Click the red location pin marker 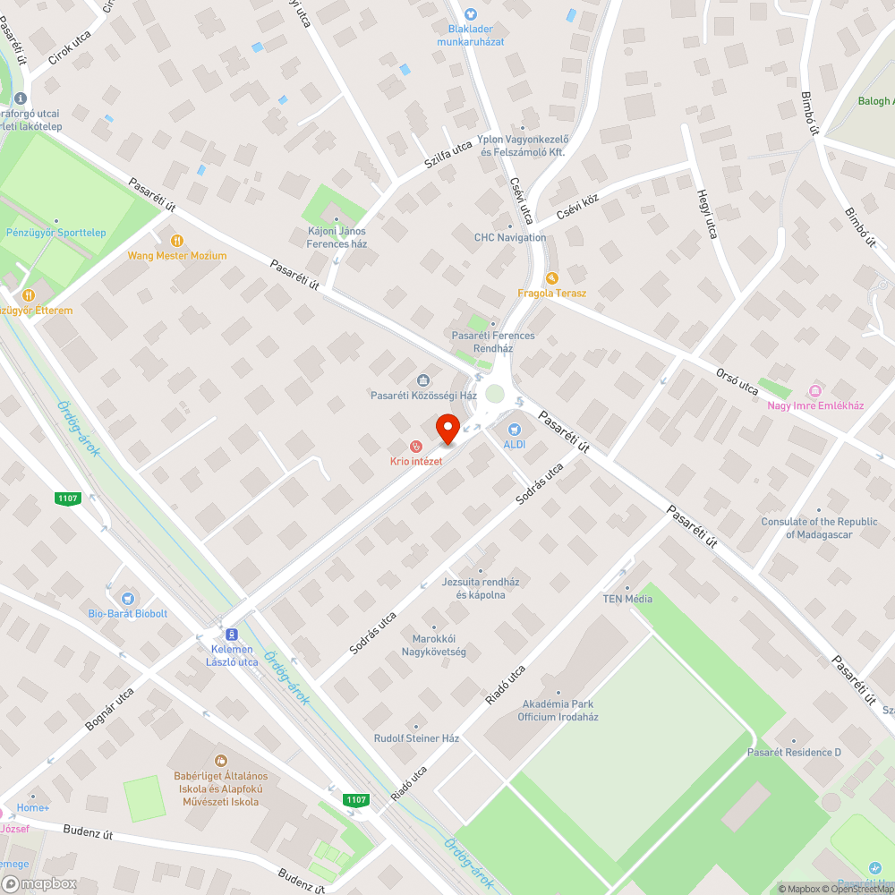click(447, 429)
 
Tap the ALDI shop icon click(515, 430)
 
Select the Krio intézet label click(415, 461)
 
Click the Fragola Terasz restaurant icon click(551, 278)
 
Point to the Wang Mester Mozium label click(177, 256)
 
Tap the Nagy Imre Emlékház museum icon click(814, 391)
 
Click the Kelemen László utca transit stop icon click(232, 633)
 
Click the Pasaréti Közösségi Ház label click(424, 396)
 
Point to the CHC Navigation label click(510, 238)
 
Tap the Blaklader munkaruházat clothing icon click(472, 13)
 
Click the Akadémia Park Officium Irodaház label click(558, 711)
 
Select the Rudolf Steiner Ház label click(416, 738)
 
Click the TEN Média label click(627, 599)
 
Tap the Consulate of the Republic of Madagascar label click(819, 528)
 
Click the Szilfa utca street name click(447, 161)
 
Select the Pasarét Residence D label click(794, 753)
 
